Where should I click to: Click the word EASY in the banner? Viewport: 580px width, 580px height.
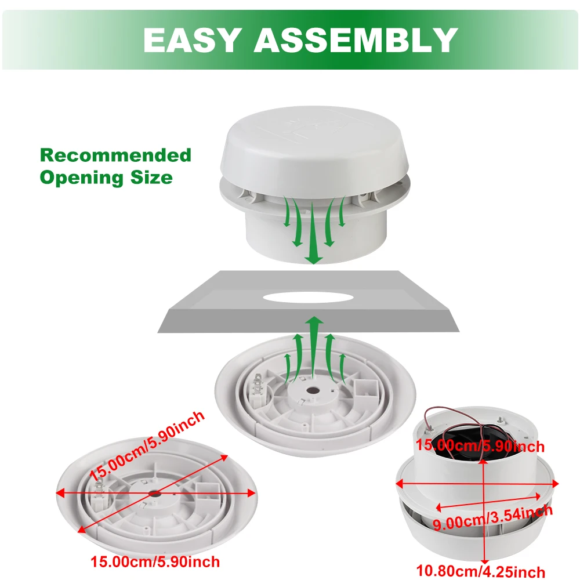click(192, 40)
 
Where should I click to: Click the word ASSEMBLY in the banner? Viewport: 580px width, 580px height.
click(356, 40)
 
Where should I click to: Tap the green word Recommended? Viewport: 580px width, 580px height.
click(115, 155)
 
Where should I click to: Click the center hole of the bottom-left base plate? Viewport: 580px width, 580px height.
click(155, 494)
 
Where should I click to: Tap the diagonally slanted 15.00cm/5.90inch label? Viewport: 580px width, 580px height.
click(147, 446)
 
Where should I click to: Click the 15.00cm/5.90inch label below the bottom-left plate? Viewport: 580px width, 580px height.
click(155, 561)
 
